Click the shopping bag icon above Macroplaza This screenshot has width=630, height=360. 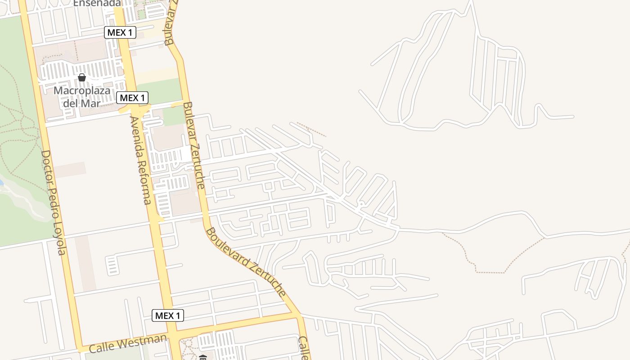[82, 77]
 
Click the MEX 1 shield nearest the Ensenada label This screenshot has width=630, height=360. [120, 32]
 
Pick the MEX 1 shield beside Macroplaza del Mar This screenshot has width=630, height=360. [132, 98]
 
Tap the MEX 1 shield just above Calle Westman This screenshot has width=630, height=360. [168, 315]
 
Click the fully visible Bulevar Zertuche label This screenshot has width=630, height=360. [194, 145]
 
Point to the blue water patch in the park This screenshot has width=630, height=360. [1, 183]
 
